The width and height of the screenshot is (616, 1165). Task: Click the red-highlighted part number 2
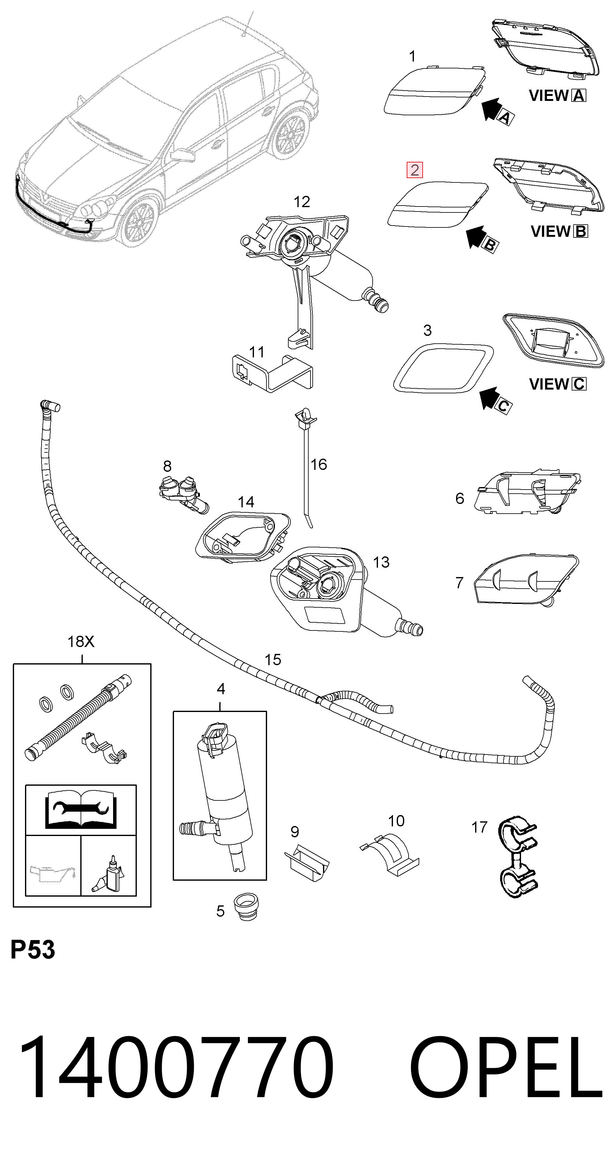click(414, 170)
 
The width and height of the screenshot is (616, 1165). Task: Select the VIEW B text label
click(559, 232)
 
